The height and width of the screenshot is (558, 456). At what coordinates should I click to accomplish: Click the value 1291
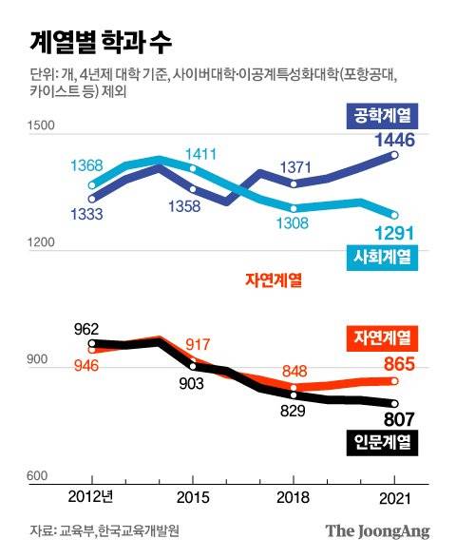(393, 233)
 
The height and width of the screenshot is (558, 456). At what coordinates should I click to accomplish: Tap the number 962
(87, 329)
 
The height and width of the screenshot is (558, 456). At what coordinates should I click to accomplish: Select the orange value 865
(395, 362)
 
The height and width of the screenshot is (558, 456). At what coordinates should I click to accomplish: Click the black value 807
(395, 417)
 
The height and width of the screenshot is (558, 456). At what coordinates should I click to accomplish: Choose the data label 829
(294, 411)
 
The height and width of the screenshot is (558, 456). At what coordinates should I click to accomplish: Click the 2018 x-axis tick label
(294, 497)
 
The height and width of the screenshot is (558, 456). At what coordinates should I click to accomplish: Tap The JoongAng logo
(377, 531)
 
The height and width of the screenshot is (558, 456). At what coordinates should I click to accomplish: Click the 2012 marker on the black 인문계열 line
(92, 344)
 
